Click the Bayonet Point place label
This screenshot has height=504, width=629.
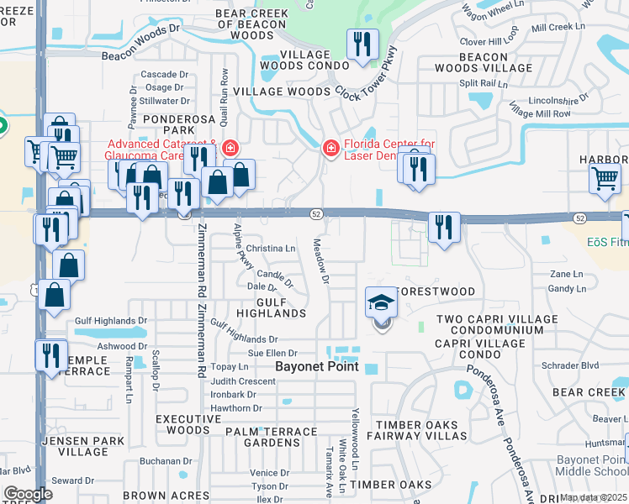click(x=317, y=367)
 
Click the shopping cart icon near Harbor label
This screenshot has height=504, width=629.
click(x=605, y=179)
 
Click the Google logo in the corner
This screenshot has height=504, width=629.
click(x=28, y=494)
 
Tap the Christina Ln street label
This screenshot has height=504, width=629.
click(x=271, y=249)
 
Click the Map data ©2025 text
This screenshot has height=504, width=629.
click(x=593, y=497)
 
